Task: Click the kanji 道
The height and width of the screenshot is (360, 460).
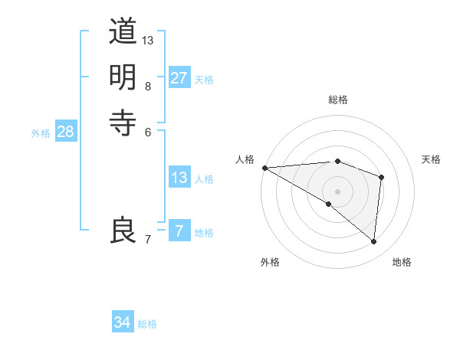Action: point(123,32)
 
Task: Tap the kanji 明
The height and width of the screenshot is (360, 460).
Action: point(123,77)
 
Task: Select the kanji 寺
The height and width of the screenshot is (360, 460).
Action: point(123,121)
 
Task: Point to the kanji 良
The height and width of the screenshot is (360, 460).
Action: point(123,230)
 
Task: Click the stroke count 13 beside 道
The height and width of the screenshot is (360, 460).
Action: point(148,40)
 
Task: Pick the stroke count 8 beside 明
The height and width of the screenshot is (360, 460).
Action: point(148,86)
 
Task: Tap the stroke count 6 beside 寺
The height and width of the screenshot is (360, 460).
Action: point(148,131)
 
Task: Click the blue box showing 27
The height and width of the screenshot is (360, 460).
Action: point(179,78)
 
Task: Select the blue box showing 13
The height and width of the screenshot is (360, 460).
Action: point(179,178)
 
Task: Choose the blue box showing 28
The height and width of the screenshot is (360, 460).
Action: point(65,132)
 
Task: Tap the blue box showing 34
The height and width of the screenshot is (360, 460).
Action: point(123,322)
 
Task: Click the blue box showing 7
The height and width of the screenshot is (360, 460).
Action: point(179,231)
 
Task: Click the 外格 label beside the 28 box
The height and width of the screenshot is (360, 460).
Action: point(41,133)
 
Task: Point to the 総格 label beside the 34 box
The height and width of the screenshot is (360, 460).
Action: point(147,324)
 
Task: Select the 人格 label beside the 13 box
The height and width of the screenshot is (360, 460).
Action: point(204,179)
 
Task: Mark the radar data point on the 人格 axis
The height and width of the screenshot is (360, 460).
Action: point(264,168)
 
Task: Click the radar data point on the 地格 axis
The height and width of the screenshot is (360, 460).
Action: point(374,241)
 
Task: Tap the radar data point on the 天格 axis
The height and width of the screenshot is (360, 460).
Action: point(381,177)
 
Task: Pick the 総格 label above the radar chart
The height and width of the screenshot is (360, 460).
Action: point(338,100)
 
